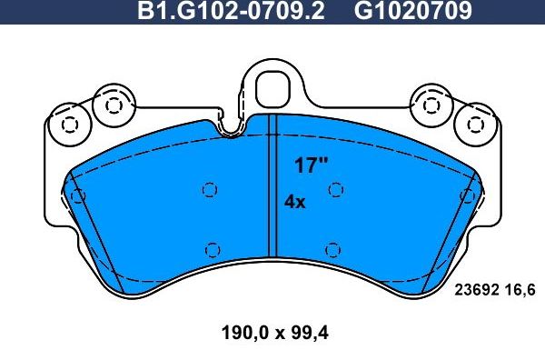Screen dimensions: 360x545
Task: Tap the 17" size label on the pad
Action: click(311, 165)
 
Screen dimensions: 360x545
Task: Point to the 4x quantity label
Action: click(295, 203)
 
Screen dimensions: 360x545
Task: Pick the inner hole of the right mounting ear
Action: click(431, 105)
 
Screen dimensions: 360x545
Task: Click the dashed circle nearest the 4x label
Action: click(335, 189)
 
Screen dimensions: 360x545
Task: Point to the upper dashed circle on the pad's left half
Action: click(210, 189)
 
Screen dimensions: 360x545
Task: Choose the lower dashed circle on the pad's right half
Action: click(332, 248)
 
